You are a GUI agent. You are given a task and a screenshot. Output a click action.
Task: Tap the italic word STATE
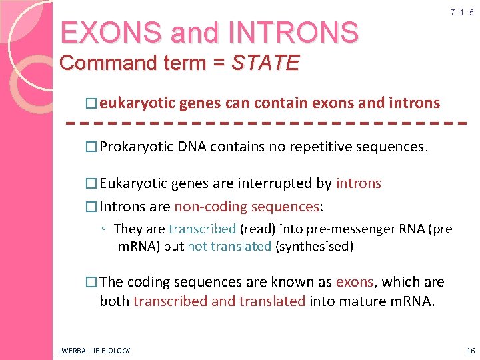point(265,63)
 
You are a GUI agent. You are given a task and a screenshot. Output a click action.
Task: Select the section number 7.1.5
point(462,13)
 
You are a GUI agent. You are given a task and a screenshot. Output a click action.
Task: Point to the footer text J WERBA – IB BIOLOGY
point(94,350)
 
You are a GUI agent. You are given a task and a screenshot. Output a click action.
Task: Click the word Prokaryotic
point(137,147)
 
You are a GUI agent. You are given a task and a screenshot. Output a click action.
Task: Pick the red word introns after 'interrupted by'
point(359,183)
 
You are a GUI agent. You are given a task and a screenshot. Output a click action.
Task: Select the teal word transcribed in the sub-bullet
point(202,229)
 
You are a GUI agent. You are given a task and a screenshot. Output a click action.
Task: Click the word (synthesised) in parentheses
point(314,246)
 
